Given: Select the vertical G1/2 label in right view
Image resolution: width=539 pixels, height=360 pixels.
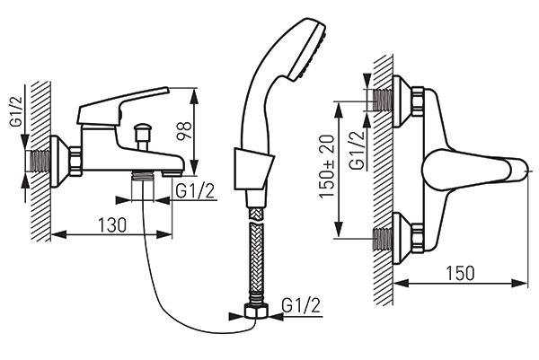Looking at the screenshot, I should tap(358, 149).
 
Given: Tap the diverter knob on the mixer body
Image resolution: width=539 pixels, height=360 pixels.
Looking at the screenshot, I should tap(141, 135).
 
